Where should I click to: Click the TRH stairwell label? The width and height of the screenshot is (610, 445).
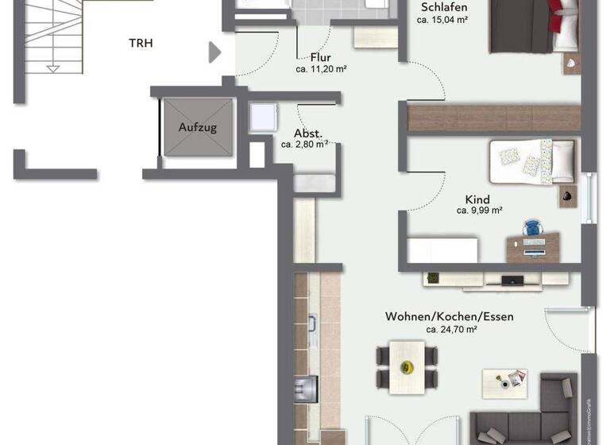tap(141, 43)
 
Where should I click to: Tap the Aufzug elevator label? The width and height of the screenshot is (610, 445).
tap(197, 127)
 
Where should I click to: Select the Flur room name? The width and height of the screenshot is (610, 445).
tap(321, 57)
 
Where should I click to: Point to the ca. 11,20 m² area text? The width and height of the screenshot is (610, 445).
tap(320, 69)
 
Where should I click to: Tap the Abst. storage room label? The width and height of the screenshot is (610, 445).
tap(307, 133)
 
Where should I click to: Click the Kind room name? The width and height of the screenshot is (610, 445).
tap(478, 199)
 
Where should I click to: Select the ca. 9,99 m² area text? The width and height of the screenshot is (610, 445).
tap(479, 211)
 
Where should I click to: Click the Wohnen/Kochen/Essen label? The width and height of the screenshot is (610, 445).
tap(450, 316)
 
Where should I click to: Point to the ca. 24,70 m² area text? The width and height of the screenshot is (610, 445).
tap(450, 329)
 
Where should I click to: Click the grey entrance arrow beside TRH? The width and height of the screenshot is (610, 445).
tap(214, 52)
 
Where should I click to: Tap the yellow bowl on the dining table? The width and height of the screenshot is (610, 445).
tap(407, 367)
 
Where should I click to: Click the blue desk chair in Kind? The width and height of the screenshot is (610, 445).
tap(531, 230)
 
